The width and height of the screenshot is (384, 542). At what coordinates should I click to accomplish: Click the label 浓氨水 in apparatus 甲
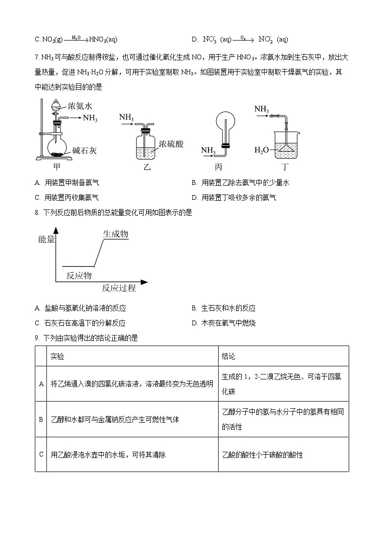tap(80, 105)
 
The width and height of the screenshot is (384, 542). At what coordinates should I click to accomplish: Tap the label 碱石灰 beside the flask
tap(85, 151)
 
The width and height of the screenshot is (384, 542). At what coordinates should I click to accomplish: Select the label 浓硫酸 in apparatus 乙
tap(172, 144)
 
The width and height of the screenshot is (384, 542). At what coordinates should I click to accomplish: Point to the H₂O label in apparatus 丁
tap(261, 150)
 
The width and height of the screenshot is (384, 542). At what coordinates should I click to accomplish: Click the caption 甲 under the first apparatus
tap(57, 167)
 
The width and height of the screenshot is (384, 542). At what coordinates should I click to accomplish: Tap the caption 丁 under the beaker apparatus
tap(287, 167)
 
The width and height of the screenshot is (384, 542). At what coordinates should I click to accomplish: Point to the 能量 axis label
tap(46, 239)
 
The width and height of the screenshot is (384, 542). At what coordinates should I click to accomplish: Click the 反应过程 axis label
tap(118, 289)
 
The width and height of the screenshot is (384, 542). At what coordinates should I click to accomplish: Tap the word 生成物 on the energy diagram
tap(116, 234)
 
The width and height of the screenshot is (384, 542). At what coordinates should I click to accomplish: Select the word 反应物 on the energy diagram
tap(79, 276)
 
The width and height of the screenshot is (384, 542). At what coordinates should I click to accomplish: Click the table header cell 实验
tap(57, 356)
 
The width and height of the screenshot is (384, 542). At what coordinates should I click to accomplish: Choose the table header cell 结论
tap(228, 356)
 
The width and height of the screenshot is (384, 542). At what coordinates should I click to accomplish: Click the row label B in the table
tap(41, 419)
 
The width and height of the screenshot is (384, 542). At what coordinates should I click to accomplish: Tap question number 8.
tap(37, 213)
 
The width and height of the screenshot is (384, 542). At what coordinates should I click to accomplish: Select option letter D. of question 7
tap(194, 197)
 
